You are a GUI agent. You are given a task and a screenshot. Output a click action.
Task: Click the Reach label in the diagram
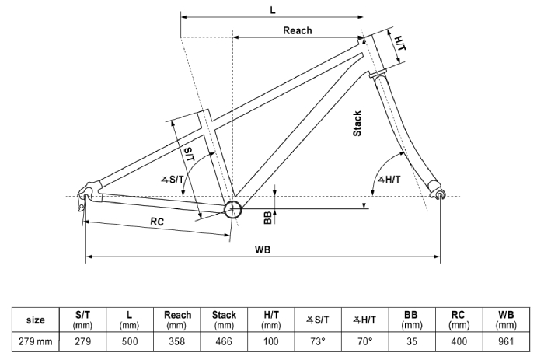[298, 30]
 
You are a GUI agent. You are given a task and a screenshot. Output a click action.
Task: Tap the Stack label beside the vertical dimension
[357, 124]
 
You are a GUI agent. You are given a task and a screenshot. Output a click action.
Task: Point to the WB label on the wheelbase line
[263, 250]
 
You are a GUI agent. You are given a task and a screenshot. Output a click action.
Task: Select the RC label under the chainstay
[157, 222]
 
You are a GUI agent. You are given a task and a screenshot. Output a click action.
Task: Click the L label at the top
[273, 10]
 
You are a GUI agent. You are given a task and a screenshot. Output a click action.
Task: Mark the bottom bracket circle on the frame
[233, 209]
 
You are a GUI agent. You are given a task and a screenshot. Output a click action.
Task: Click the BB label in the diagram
[268, 218]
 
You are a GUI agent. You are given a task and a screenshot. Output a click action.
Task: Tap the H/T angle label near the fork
[389, 180]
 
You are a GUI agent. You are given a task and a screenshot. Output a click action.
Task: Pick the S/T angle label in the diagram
[173, 180]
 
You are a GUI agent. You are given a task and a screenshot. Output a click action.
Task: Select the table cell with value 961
[506, 341]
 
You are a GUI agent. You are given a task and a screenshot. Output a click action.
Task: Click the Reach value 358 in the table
[177, 341]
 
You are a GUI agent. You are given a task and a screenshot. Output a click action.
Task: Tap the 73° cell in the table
[318, 341]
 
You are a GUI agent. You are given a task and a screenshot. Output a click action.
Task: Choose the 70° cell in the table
[365, 341]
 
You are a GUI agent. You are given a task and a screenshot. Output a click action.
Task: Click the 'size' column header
[36, 320]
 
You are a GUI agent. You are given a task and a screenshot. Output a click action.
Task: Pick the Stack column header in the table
[224, 320]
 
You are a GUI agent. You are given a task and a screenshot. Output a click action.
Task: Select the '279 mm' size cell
[36, 341]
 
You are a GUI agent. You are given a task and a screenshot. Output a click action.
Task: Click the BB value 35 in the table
[411, 341]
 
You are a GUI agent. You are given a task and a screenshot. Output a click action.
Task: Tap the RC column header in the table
[459, 320]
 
